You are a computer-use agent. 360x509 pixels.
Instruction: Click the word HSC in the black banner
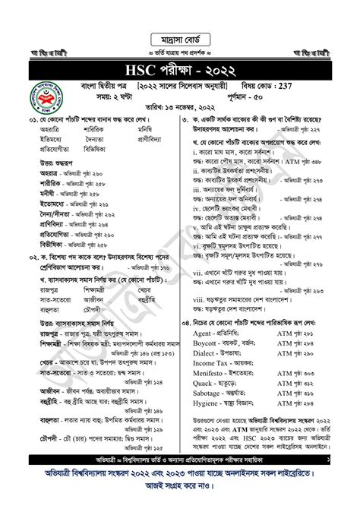pos(149,71)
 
